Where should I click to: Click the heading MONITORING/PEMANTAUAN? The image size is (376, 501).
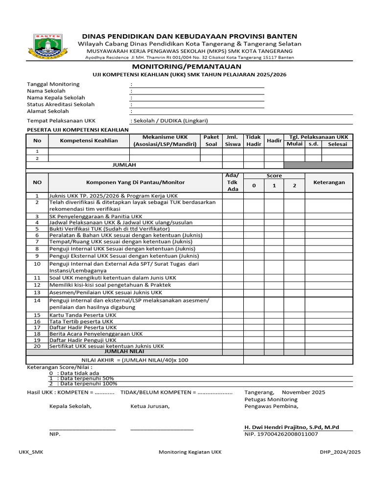point(186,66)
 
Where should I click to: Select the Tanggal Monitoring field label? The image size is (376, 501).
point(53,84)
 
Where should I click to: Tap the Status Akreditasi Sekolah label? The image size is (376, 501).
point(61,104)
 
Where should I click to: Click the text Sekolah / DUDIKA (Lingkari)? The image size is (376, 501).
point(165,121)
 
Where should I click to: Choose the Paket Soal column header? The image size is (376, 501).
point(211,140)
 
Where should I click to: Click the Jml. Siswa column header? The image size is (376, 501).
point(233,140)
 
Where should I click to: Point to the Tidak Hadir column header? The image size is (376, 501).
point(254,140)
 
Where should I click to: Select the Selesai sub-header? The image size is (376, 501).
point(337,144)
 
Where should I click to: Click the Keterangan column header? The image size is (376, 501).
point(329,182)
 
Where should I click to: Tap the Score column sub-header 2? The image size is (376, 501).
point(294,185)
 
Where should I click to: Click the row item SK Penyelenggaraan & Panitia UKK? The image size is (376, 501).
point(96,216)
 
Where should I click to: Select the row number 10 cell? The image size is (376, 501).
point(37,264)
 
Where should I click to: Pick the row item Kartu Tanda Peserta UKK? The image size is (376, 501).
point(83,315)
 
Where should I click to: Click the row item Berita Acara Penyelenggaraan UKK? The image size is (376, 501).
point(96,334)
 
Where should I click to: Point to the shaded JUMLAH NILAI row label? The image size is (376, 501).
point(124,351)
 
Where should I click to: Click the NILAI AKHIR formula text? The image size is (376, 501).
point(134,360)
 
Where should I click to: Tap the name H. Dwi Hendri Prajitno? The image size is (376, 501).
point(291,427)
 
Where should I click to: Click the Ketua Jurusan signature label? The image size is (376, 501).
point(150,406)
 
